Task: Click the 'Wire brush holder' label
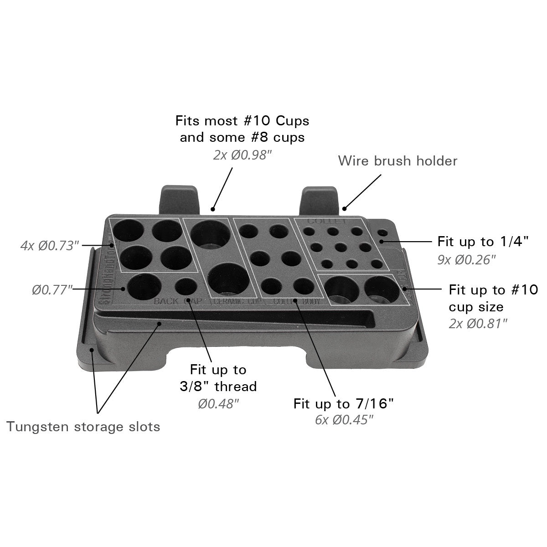click(397, 161)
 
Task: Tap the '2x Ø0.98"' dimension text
click(242, 155)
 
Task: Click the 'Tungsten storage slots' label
click(83, 427)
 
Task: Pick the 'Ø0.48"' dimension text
click(218, 404)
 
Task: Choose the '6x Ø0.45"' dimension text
click(344, 420)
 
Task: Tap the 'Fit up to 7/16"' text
click(343, 403)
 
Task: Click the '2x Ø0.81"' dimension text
click(478, 324)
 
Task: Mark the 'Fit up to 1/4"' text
click(483, 241)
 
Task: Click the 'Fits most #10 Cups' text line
click(242, 121)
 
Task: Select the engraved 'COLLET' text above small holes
click(327, 222)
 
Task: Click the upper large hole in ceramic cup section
click(210, 233)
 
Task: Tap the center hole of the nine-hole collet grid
click(340, 248)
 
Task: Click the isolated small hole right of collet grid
click(382, 233)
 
